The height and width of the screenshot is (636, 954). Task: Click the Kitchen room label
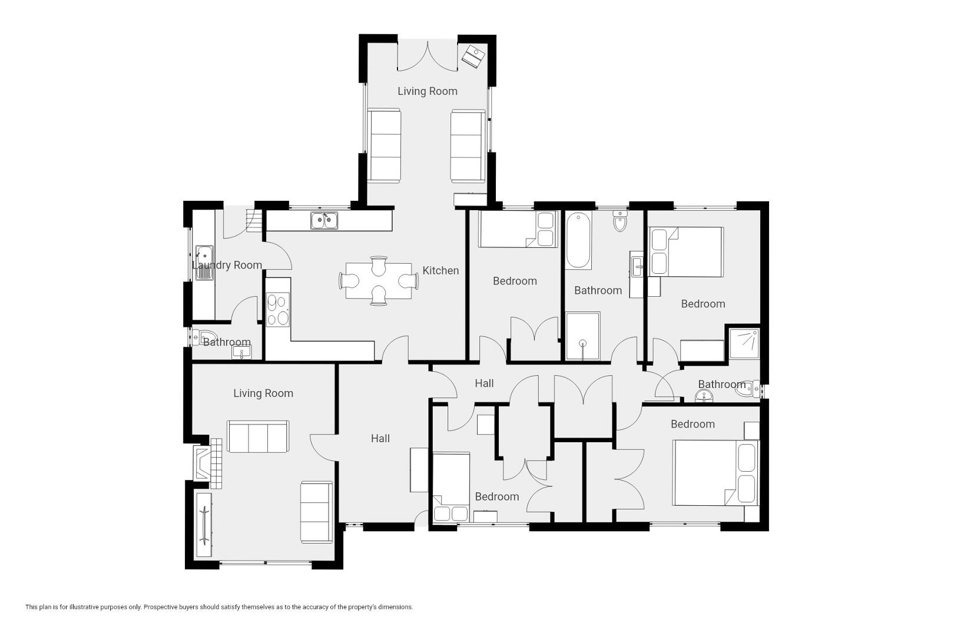tap(440, 270)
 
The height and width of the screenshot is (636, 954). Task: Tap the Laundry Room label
tap(227, 265)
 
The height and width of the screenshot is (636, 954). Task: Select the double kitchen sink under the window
tap(324, 220)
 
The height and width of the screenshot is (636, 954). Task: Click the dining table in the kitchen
tap(379, 281)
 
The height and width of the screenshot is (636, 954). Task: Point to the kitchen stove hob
tap(278, 310)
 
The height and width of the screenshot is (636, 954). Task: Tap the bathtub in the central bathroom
tap(578, 240)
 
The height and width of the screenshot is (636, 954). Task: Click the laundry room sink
tap(204, 263)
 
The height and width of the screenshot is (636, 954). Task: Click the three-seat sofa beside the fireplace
tap(258, 436)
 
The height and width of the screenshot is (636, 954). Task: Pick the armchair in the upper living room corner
tap(473, 56)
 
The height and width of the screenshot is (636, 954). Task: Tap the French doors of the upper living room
tap(428, 55)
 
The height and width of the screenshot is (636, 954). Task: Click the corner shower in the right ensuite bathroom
tap(744, 343)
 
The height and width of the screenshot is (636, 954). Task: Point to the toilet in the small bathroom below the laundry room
tap(203, 337)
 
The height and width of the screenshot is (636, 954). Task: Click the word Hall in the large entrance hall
tap(380, 438)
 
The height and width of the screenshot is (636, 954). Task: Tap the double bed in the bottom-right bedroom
tap(715, 473)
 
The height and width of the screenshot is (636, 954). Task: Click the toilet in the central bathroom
tap(620, 221)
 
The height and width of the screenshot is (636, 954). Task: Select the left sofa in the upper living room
tap(384, 145)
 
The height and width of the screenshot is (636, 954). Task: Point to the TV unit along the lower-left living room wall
tap(204, 525)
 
